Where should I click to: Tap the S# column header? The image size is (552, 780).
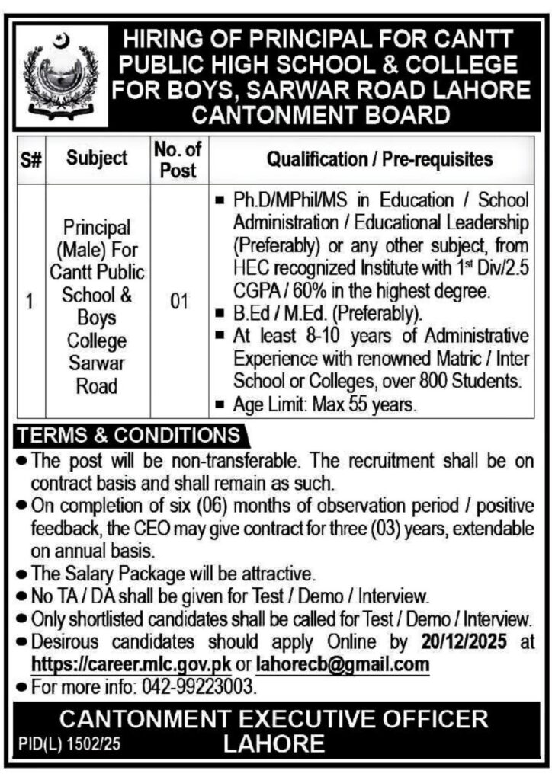coord(30,159)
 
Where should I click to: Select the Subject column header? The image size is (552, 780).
coord(97,159)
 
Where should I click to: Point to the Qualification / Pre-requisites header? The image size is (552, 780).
coord(378,159)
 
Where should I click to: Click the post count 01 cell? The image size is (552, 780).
coord(178,303)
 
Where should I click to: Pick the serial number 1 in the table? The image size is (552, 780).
coord(30,303)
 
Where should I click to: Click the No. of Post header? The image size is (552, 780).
coord(178,159)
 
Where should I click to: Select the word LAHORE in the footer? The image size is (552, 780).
coord(274,744)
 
